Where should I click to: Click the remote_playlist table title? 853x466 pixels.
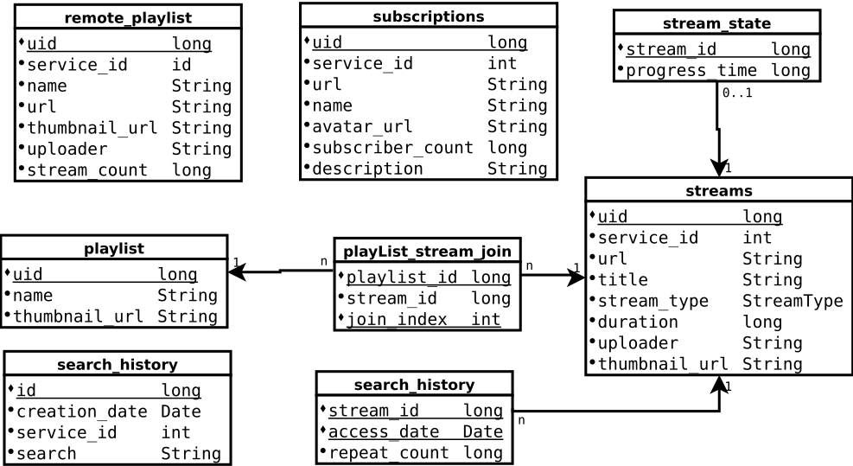pyautogui.click(x=128, y=17)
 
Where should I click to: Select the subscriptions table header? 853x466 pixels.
pyautogui.click(x=428, y=16)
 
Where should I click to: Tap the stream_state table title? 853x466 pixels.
pyautogui.click(x=716, y=23)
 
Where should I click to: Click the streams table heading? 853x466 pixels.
pyautogui.click(x=718, y=191)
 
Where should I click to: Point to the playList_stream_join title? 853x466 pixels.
pyautogui.click(x=427, y=252)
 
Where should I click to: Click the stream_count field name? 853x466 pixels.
pyautogui.click(x=87, y=170)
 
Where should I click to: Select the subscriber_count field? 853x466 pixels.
pyautogui.click(x=392, y=148)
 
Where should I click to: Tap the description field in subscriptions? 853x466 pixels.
pyautogui.click(x=367, y=169)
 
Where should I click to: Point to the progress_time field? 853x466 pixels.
pyautogui.click(x=691, y=71)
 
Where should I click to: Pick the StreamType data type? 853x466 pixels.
pyautogui.click(x=793, y=301)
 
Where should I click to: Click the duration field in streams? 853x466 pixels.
pyautogui.click(x=638, y=322)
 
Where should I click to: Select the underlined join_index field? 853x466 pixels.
pyautogui.click(x=397, y=320)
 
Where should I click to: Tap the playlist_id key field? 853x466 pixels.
pyautogui.click(x=402, y=278)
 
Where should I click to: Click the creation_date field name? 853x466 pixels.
pyautogui.click(x=83, y=412)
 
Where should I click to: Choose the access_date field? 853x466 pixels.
pyautogui.click(x=384, y=431)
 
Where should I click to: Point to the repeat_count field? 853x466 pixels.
pyautogui.click(x=388, y=453)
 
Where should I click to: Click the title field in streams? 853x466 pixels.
pyautogui.click(x=622, y=280)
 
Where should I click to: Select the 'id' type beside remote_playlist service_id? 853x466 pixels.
pyautogui.click(x=181, y=65)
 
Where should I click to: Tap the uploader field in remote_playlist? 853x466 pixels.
pyautogui.click(x=67, y=149)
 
